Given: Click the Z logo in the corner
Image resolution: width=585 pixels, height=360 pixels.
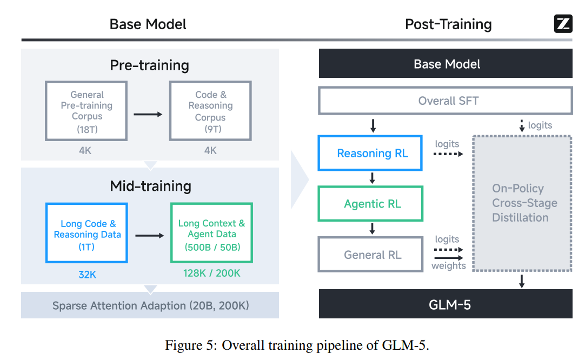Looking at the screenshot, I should coord(563,24).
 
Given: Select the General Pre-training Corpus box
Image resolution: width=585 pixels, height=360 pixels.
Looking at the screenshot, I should coord(87,111).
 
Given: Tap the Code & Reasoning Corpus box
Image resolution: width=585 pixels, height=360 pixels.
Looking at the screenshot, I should coord(210,111).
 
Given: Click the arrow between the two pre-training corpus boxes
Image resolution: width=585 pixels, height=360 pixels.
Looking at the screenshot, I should coord(148,114).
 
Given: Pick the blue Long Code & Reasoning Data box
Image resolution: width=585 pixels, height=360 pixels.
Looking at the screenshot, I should coord(87,233).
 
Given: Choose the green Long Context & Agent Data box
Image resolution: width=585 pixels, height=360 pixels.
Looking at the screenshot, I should coord(211,233).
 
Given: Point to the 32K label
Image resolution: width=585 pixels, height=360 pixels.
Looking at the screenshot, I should coord(87,274).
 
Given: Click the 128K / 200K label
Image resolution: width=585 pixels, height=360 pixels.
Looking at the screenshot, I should coord(211,273).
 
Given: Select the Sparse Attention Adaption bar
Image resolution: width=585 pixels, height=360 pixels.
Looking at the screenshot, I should coord(150,305).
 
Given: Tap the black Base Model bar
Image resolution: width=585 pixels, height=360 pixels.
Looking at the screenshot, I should coord(446,64).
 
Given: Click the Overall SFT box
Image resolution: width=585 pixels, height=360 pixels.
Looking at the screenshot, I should coord(446,101).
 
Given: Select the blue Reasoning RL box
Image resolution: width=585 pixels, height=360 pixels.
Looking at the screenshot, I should coord(373,154).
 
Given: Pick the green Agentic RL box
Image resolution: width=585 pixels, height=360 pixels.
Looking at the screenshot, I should coord(373,204).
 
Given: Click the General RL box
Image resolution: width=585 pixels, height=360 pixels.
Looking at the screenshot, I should coord(373,255).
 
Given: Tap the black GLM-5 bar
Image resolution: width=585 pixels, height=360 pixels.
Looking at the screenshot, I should coord(446,304).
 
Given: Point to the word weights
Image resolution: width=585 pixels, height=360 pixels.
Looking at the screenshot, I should coord(448,266).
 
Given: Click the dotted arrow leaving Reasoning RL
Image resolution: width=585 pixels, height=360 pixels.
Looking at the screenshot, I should coord(449,154).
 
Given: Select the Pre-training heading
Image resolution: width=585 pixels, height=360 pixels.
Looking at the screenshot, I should coord(150,65).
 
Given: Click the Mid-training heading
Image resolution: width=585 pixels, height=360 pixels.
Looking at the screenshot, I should coord(150,186).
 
